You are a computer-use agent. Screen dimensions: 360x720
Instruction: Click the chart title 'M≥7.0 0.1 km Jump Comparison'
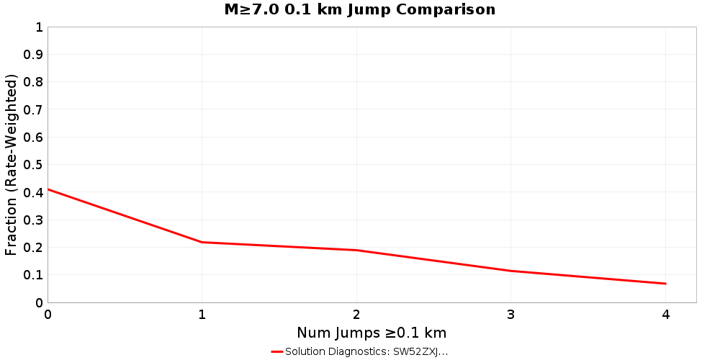[x=360, y=9]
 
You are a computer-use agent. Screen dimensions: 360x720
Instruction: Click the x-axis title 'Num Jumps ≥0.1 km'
[x=372, y=333]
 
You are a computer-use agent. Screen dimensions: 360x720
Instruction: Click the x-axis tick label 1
[x=202, y=315]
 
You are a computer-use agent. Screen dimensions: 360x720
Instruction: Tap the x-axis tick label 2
[x=356, y=315]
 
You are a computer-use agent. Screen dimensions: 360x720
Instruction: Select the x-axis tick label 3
[x=511, y=315]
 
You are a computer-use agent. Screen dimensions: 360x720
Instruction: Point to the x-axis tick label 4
[x=666, y=315]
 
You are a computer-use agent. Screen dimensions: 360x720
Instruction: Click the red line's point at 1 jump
[x=202, y=242]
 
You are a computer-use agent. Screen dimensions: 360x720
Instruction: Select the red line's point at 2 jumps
[x=356, y=250]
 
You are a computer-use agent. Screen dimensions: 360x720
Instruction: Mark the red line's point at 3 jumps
[x=511, y=271]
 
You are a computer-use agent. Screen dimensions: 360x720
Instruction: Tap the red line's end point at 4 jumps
[x=666, y=284]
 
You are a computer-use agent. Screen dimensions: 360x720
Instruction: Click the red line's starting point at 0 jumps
[x=48, y=189]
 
